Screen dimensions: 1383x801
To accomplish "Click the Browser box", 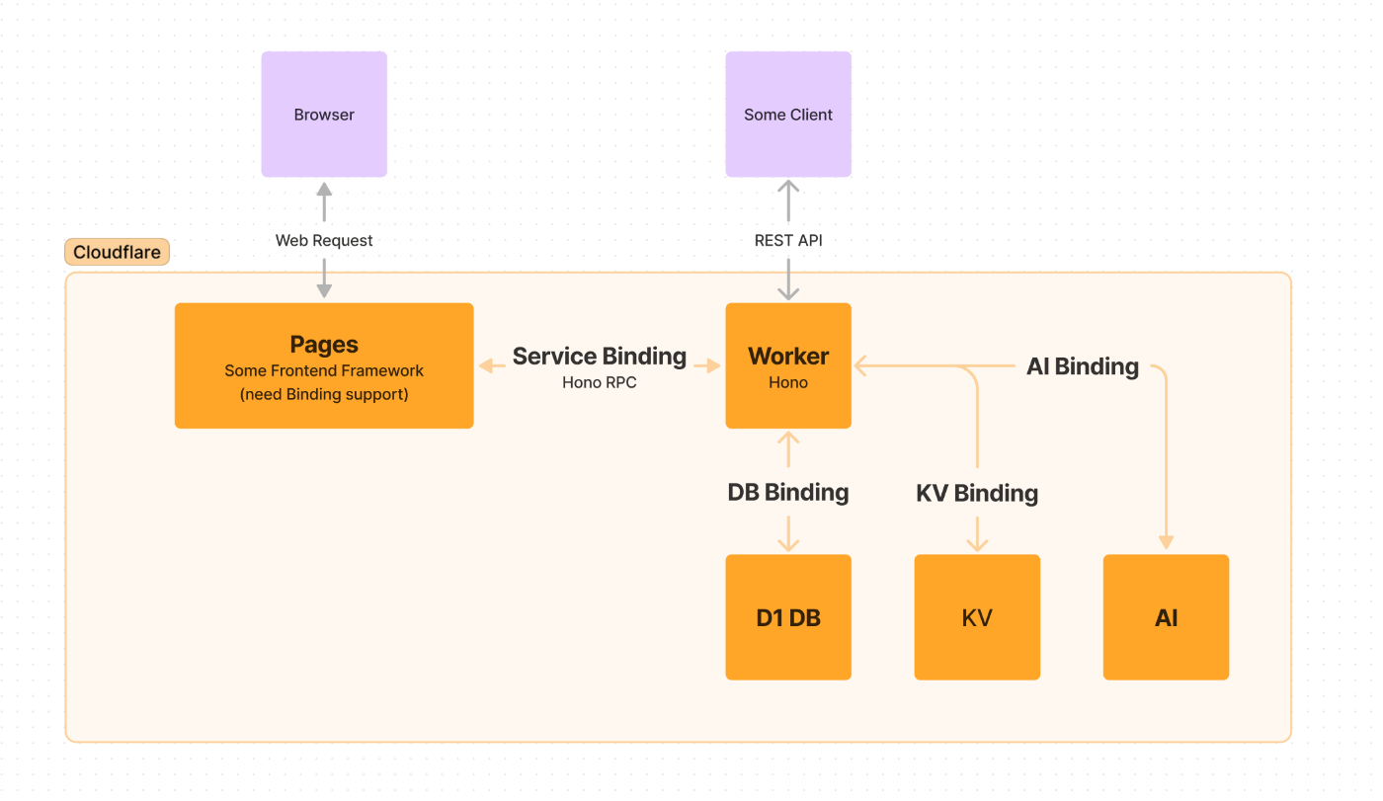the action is [324, 115].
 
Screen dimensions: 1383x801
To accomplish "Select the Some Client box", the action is [788, 115].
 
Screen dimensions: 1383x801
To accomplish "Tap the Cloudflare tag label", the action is [117, 252].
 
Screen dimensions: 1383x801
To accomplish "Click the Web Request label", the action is [324, 240].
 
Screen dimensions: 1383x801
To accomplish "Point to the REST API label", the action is [788, 240].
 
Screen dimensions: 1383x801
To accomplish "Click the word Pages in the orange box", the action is [324, 344].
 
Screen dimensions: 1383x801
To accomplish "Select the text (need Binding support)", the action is [324, 394].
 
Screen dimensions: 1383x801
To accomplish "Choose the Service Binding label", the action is [600, 357].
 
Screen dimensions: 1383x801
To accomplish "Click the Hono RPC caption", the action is [600, 382].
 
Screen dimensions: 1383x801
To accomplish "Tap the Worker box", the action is [788, 365].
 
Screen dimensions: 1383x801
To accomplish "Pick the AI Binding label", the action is [1083, 366].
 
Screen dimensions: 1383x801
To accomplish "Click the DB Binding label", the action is [788, 493].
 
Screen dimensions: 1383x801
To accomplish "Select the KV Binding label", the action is [977, 493].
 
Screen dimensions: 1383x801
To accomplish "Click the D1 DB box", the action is [788, 617].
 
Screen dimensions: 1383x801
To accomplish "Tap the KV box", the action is [977, 617].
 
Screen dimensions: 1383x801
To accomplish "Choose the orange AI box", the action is [1167, 617].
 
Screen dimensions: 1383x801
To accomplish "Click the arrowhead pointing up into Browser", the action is [324, 189].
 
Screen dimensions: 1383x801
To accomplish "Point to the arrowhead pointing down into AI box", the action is [1167, 542].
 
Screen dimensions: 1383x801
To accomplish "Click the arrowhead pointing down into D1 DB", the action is [788, 543].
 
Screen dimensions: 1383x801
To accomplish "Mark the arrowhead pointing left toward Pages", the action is [486, 365].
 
